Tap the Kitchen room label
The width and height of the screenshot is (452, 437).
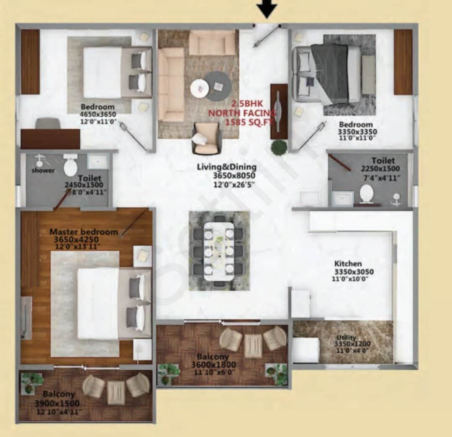tap(348, 264)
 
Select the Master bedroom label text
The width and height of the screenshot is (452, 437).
tap(84, 232)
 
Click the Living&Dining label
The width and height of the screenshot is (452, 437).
tap(226, 167)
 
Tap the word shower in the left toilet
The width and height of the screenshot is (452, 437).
tap(43, 171)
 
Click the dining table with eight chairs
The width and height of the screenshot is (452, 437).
tap(219, 251)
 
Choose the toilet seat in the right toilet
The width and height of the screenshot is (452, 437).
tap(367, 194)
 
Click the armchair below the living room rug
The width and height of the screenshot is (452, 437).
tap(206, 139)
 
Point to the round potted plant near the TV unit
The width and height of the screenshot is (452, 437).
tap(279, 147)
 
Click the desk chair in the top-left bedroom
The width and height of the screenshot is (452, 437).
tap(48, 123)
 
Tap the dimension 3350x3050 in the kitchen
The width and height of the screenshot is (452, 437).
tap(353, 272)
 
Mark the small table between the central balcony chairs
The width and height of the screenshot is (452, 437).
tap(253, 345)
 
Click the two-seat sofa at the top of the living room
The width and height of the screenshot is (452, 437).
tap(212, 43)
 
